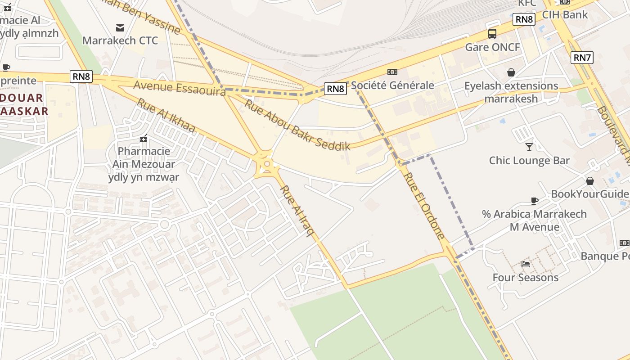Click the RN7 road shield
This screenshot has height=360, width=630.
coord(582,58)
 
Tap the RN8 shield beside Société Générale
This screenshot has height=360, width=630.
coord(335,89)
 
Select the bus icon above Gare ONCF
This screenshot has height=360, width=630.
coord(492,33)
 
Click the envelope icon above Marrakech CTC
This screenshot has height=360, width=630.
coord(120,28)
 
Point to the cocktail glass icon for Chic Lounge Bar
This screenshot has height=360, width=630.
coord(529,147)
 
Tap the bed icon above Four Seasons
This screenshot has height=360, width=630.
coord(525,264)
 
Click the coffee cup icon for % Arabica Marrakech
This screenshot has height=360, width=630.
coord(534,201)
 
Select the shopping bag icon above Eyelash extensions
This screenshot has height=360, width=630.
coord(511,72)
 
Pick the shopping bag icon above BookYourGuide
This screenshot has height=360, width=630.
coord(589,181)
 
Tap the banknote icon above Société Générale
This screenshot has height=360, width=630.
coord(392,72)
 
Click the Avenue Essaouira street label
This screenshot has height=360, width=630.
coord(180,88)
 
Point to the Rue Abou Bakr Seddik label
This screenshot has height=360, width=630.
coord(297,125)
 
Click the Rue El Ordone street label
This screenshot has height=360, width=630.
coord(424,205)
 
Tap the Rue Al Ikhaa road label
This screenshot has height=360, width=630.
coord(166,116)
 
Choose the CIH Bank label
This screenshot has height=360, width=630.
coord(565,14)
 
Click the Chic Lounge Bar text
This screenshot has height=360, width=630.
coord(529,161)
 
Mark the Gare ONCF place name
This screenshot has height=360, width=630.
coord(492,47)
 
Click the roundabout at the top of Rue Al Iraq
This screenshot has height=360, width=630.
coord(267,164)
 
